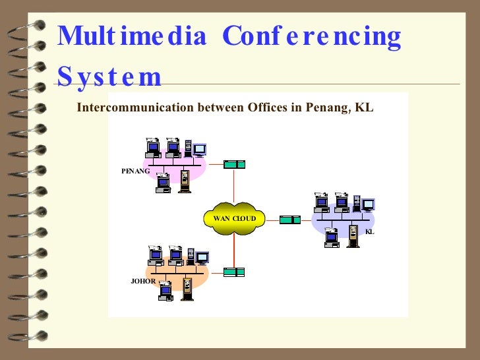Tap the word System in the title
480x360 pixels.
(109, 76)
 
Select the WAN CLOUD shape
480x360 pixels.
(234, 218)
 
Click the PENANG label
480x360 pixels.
(135, 171)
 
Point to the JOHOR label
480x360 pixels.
(143, 281)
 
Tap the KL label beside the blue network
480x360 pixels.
(369, 231)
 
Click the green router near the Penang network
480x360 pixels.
(234, 164)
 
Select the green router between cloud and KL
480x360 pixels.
(289, 219)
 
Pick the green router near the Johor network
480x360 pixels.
(234, 272)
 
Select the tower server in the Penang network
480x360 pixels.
(185, 181)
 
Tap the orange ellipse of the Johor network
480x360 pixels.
(201, 274)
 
